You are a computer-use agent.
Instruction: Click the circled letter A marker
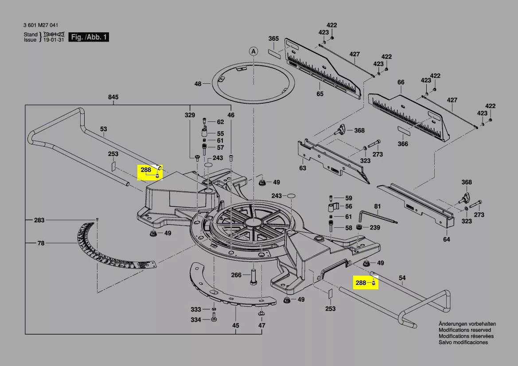[x=253, y=51]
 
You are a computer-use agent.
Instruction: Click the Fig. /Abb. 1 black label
[x=90, y=37]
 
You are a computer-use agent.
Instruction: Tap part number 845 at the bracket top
[x=113, y=97]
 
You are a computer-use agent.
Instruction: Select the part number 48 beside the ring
[x=198, y=84]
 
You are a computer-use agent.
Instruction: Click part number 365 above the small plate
[x=273, y=39]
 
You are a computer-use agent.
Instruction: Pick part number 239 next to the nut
[x=375, y=228]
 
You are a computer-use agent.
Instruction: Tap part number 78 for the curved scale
[x=41, y=243]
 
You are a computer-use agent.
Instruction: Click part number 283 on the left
[x=39, y=220]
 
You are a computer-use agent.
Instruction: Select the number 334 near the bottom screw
[x=196, y=320]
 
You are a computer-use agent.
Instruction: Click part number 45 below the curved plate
[x=236, y=326]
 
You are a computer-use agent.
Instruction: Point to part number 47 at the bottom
[x=262, y=326]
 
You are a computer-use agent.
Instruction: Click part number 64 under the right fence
[x=446, y=240]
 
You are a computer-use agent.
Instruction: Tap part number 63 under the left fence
[x=303, y=168]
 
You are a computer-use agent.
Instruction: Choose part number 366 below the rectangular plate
[x=403, y=144]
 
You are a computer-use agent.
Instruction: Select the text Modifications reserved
[x=465, y=330]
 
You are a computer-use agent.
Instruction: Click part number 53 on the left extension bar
[x=103, y=129]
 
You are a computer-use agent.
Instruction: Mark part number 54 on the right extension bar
[x=402, y=278]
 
